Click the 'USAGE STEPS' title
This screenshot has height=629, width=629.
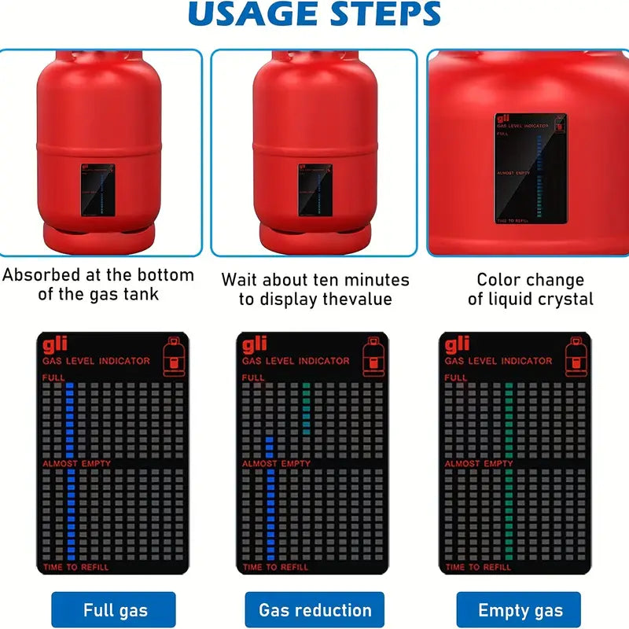(x=314, y=14)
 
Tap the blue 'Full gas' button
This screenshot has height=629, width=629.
(x=116, y=610)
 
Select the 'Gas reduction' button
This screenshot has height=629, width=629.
(x=314, y=610)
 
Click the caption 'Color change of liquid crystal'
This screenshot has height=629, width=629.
(x=530, y=289)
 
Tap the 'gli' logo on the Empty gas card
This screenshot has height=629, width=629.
(x=457, y=345)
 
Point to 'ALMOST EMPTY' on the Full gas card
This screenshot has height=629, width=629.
(x=76, y=464)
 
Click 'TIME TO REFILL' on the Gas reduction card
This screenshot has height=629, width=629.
(x=275, y=567)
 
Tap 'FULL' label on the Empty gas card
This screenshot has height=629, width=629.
(x=455, y=378)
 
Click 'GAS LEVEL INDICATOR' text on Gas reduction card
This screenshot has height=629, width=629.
(x=296, y=361)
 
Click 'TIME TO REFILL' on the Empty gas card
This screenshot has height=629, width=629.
(x=477, y=567)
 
